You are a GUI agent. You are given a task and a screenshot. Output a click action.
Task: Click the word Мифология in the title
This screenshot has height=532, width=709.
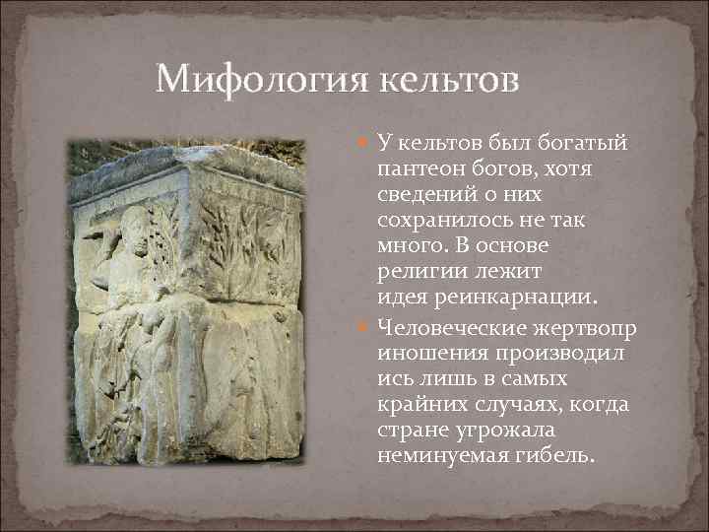coord(257,79)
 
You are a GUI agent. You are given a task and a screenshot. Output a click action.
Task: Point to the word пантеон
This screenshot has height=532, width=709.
coord(419,169)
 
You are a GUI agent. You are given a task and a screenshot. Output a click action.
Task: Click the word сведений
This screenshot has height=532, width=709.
coord(425,195)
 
